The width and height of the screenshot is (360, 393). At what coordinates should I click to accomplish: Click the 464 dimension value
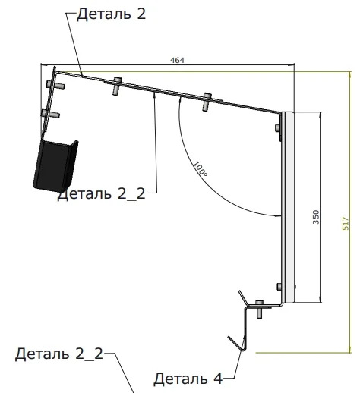point(177,60)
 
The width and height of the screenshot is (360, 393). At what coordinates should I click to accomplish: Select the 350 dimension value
point(316,217)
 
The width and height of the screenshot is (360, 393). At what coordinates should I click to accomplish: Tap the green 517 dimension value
point(346,223)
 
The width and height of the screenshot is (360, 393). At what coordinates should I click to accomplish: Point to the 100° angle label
point(201,169)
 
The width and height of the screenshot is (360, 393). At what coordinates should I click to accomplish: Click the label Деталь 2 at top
point(112,14)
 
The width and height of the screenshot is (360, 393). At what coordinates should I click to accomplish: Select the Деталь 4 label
point(188,379)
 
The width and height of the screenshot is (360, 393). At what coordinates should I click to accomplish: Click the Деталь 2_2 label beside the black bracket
point(102,194)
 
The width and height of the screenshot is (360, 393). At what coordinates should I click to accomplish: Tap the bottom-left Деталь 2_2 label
point(59,354)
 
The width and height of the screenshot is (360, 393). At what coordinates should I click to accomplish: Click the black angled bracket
point(55,165)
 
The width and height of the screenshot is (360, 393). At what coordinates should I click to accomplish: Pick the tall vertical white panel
point(288,207)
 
